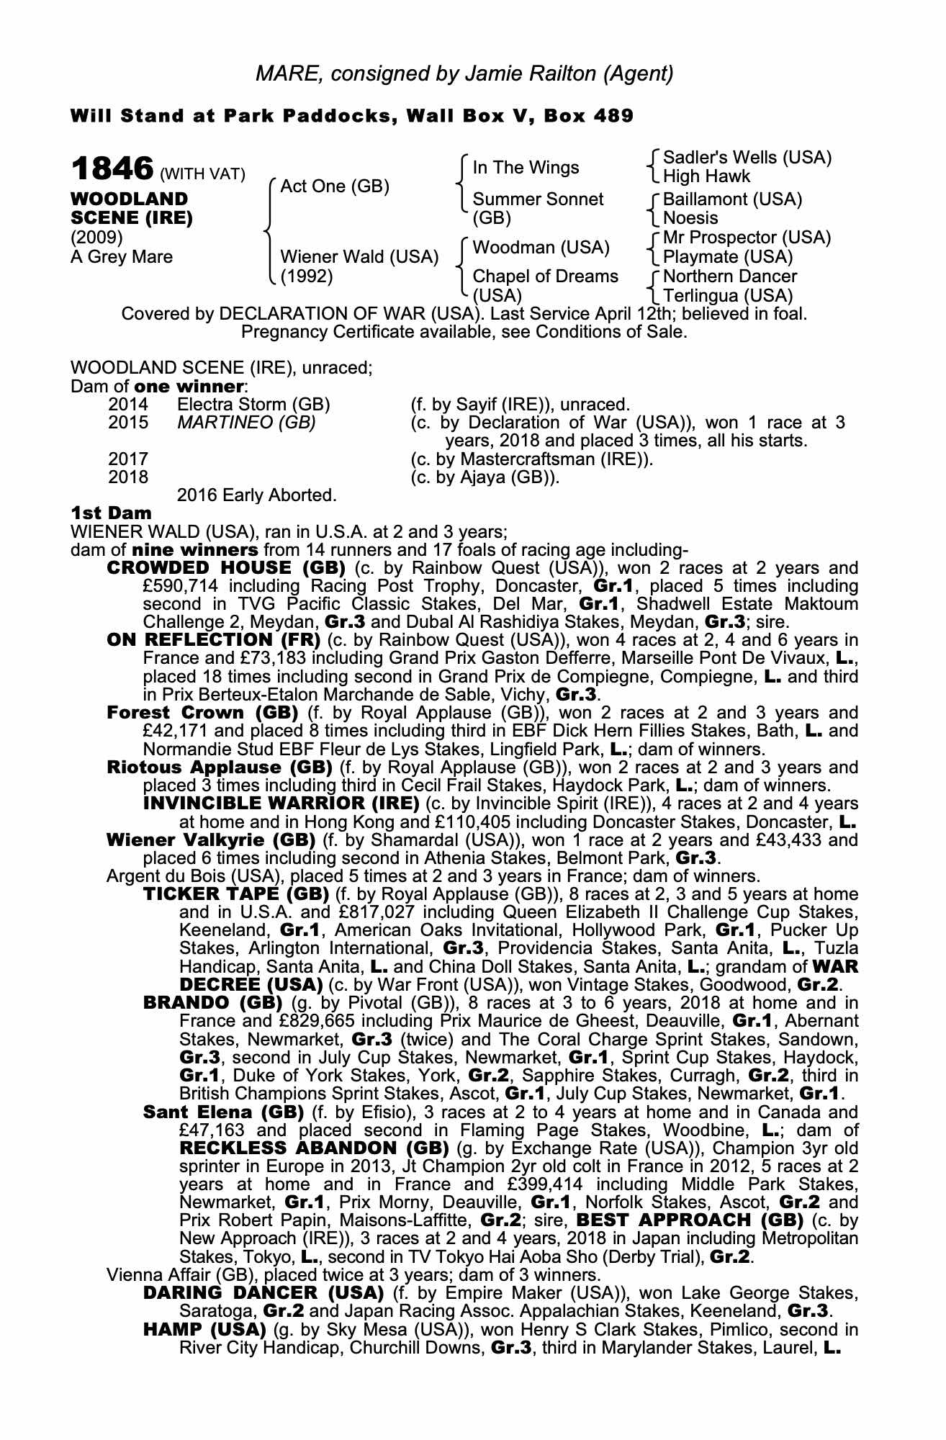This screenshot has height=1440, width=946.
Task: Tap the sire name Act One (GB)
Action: pos(335,186)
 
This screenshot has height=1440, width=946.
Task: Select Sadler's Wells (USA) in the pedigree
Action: pos(747,158)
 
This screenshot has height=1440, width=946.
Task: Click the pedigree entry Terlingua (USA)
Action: pos(727,296)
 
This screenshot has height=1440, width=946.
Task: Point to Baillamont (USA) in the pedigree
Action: pos(732,199)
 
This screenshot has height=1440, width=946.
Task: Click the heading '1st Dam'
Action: pos(111,513)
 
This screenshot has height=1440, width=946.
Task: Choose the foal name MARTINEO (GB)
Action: pos(246,423)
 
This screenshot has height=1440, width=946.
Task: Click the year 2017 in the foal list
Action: pos(128,459)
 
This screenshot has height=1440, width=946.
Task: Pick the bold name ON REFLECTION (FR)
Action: pos(214,640)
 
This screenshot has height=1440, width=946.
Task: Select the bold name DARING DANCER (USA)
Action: pos(263,1292)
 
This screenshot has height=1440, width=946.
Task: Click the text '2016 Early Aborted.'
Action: pos(256,495)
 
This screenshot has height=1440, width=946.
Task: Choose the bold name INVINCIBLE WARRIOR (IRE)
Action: pos(281,804)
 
